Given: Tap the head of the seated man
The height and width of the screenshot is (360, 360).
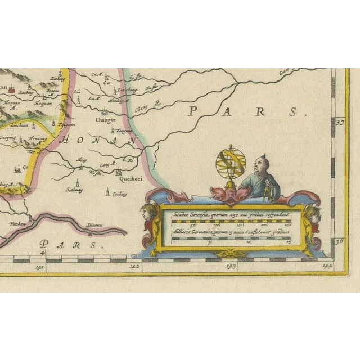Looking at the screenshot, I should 259,164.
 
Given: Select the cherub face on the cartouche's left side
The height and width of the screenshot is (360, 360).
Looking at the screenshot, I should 148,214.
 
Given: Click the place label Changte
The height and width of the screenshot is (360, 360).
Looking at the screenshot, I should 105,119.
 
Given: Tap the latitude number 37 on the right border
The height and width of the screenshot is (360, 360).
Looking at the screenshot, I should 339,121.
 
